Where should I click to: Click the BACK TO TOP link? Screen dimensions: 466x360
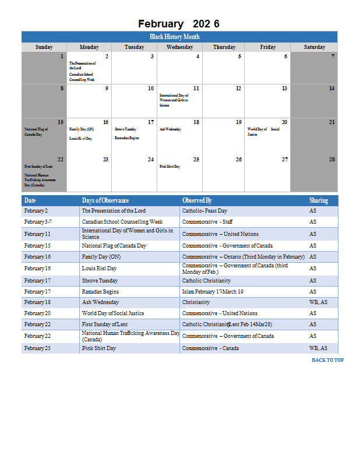(x=327, y=360)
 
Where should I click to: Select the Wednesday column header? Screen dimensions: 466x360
(x=179, y=47)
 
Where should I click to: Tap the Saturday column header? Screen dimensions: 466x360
(x=314, y=47)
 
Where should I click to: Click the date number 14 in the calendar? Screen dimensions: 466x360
(x=331, y=89)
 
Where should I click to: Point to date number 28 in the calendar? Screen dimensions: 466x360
(x=331, y=159)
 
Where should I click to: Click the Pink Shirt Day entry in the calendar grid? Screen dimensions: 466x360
(x=170, y=167)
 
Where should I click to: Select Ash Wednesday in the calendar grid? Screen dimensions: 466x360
(x=170, y=129)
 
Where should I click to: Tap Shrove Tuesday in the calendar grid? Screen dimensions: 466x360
(x=125, y=129)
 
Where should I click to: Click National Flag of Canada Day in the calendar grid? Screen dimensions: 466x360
(x=36, y=132)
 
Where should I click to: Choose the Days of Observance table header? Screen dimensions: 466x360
(x=105, y=200)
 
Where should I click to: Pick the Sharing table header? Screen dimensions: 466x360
(x=319, y=200)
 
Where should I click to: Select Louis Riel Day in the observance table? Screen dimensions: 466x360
(x=99, y=269)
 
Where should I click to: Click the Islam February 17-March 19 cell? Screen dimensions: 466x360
(x=213, y=291)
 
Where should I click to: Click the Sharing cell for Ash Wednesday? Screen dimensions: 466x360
(x=318, y=302)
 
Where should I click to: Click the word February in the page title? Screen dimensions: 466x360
(x=160, y=24)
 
